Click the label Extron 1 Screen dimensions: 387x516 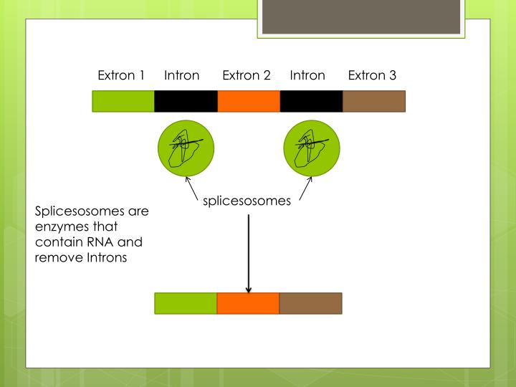click(121, 75)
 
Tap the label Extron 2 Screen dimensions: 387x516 click(246, 75)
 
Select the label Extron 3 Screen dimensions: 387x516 click(372, 75)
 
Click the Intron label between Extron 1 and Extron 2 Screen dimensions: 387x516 click(181, 75)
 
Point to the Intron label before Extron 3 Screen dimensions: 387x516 click(307, 75)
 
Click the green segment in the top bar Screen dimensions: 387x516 click(123, 101)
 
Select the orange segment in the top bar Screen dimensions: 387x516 click(249, 101)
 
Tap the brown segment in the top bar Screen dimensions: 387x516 click(374, 101)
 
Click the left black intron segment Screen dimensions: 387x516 click(186, 101)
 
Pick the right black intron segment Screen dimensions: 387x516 click(311, 101)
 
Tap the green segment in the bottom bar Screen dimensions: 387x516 click(186, 303)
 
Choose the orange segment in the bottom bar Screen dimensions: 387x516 click(248, 303)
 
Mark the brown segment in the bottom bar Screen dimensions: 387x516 click(310, 303)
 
